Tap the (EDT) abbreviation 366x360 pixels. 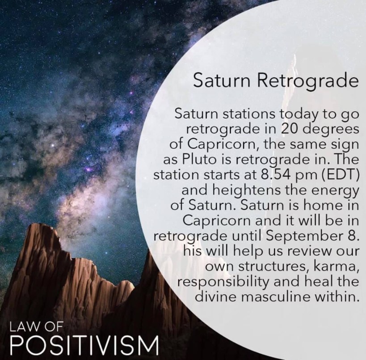pyautogui.click(x=340, y=175)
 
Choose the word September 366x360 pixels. pyautogui.click(x=302, y=237)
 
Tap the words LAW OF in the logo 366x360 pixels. pyautogui.click(x=36, y=327)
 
